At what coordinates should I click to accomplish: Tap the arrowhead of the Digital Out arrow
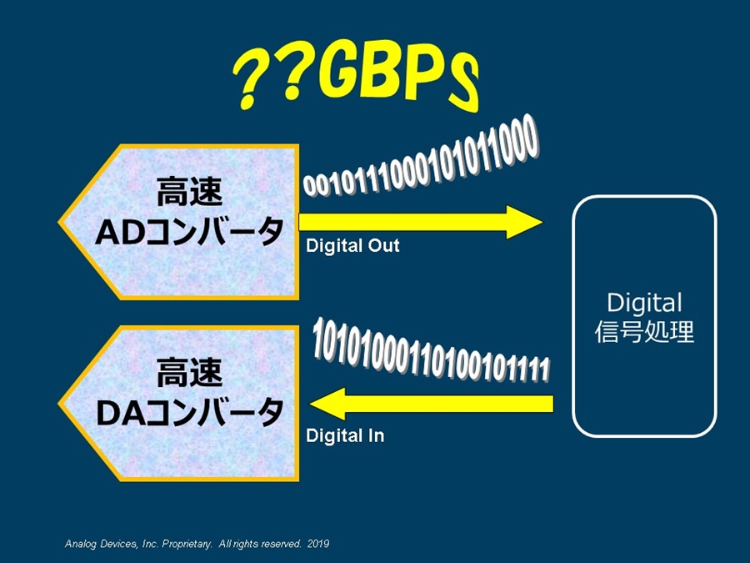click(x=524, y=222)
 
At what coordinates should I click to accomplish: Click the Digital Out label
click(x=352, y=245)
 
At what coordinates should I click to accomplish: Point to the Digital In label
click(x=345, y=435)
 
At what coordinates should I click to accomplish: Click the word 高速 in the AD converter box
click(x=189, y=192)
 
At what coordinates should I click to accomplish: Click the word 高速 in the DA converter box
click(x=189, y=373)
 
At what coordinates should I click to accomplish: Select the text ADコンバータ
click(x=190, y=231)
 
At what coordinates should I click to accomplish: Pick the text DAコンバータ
click(x=190, y=412)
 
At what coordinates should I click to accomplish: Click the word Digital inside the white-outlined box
click(x=644, y=303)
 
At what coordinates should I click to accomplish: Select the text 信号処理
click(x=644, y=332)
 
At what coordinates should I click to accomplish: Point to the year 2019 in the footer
click(x=318, y=544)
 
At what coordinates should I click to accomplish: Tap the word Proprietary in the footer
click(x=187, y=545)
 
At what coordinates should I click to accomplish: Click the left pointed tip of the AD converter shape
click(x=59, y=222)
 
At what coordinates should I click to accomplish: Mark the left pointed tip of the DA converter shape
click(x=59, y=404)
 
